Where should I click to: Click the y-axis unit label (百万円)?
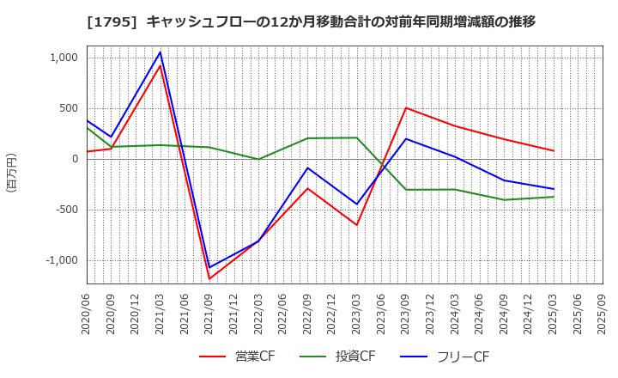point(11,172)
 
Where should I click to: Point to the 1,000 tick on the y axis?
point(63,58)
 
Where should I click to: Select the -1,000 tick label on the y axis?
point(60,260)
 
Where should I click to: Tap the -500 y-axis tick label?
point(65,210)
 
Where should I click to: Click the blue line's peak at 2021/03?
point(160,52)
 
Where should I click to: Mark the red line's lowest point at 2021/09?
point(209,278)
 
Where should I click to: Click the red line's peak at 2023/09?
point(406,107)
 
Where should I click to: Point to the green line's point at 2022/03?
point(258,159)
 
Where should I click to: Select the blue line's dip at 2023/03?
point(357,204)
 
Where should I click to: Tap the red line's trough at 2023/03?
point(357,225)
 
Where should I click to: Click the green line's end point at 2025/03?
point(554,197)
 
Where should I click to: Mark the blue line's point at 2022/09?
point(307,168)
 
